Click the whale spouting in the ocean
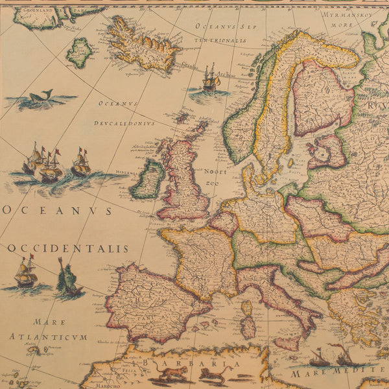click(40, 99)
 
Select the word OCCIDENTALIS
click(68, 248)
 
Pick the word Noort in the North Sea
click(216, 172)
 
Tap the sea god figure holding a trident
click(67, 279)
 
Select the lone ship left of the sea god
click(25, 272)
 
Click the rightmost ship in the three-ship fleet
click(80, 163)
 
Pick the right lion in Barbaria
click(213, 374)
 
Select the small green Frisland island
click(79, 53)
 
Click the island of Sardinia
click(248, 327)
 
